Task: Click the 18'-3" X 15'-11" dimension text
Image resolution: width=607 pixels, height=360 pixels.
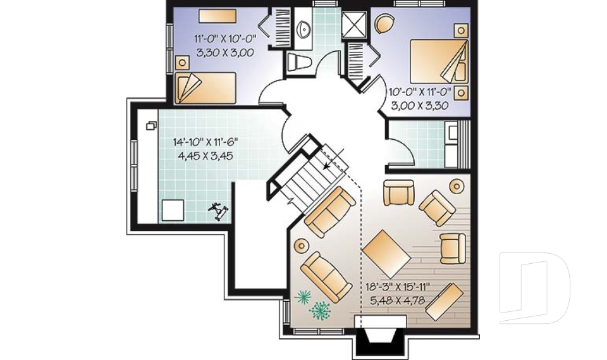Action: pyautogui.click(x=397, y=286)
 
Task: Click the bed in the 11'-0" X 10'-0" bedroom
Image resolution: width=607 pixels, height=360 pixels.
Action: pyautogui.click(x=204, y=87)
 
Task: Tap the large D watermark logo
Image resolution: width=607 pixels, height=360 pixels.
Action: pyautogui.click(x=534, y=289)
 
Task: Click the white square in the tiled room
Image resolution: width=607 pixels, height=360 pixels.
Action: pyautogui.click(x=171, y=209)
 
